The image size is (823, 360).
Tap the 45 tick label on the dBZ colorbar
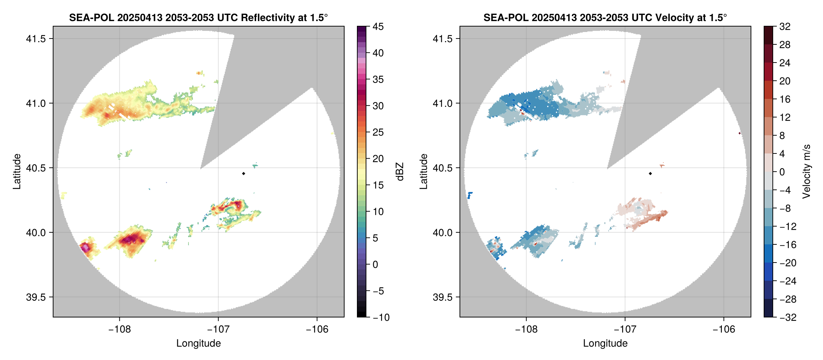coord(378,27)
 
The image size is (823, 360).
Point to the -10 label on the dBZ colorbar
coord(381,317)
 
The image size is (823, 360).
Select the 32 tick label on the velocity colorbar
coord(785,27)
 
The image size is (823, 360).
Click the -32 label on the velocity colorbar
coord(788,317)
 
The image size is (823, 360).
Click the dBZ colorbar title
coord(400,172)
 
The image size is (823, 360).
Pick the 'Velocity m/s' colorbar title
coord(806,172)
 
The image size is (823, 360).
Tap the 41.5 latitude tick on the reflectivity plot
coord(36,39)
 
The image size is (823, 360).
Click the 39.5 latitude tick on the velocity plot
coord(443,297)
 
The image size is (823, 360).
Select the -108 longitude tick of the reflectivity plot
coord(119,329)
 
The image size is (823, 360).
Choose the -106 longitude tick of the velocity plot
coord(724,329)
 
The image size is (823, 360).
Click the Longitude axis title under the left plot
coord(198,343)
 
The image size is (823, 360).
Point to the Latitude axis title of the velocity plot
coord(423,172)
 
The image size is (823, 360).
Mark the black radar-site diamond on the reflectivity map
coord(243,173)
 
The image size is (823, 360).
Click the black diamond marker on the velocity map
coord(650,173)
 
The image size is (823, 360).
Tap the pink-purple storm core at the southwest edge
coord(85,247)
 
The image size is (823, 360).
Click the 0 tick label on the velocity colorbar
coord(782,172)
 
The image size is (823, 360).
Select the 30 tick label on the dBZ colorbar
coord(378,106)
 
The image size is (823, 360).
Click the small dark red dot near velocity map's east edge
coord(740,133)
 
